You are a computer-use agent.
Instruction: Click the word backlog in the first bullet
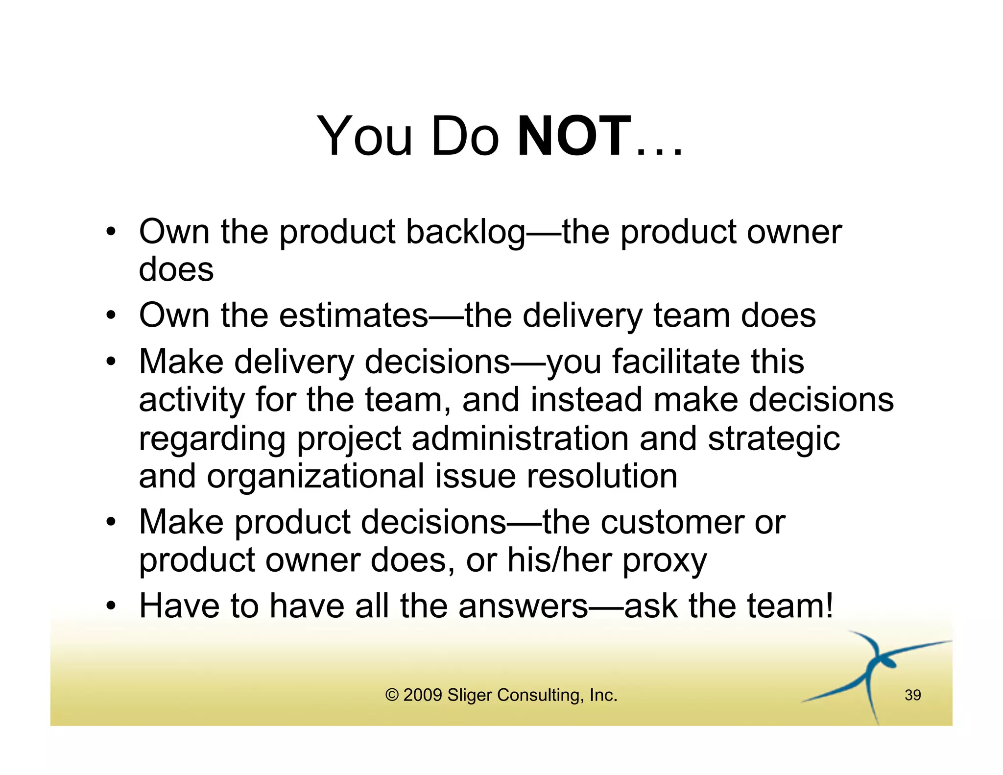tap(465, 232)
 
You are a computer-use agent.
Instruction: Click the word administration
tap(520, 438)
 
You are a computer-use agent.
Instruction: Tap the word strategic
tap(774, 439)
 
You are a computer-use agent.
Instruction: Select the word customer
tap(672, 522)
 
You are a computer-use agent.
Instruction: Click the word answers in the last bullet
tap(523, 606)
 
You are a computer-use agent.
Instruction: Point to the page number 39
tap(912, 695)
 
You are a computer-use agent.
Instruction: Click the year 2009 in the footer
tap(423, 695)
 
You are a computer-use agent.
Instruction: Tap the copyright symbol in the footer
tap(392, 695)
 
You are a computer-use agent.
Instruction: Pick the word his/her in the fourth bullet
tap(559, 560)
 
